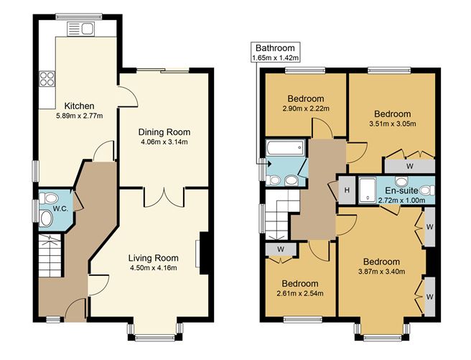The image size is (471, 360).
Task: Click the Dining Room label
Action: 164,131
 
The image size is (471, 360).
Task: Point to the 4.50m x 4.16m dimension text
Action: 152,268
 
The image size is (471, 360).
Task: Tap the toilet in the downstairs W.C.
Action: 47,218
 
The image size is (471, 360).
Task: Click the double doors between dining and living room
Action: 164,196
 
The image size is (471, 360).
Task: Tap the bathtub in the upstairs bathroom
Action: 283,149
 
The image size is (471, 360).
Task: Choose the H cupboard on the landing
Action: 346,190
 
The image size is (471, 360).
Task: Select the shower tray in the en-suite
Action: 367,189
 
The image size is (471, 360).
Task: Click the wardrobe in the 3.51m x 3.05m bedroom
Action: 409,165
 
